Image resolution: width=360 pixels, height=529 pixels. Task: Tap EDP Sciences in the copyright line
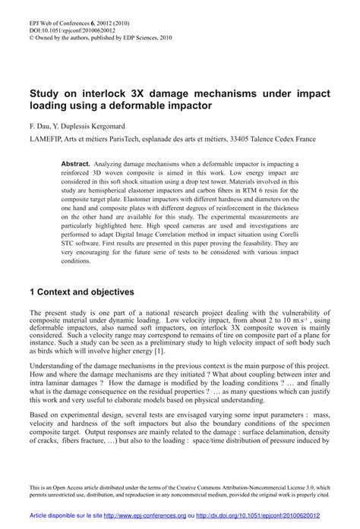coord(125,24)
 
